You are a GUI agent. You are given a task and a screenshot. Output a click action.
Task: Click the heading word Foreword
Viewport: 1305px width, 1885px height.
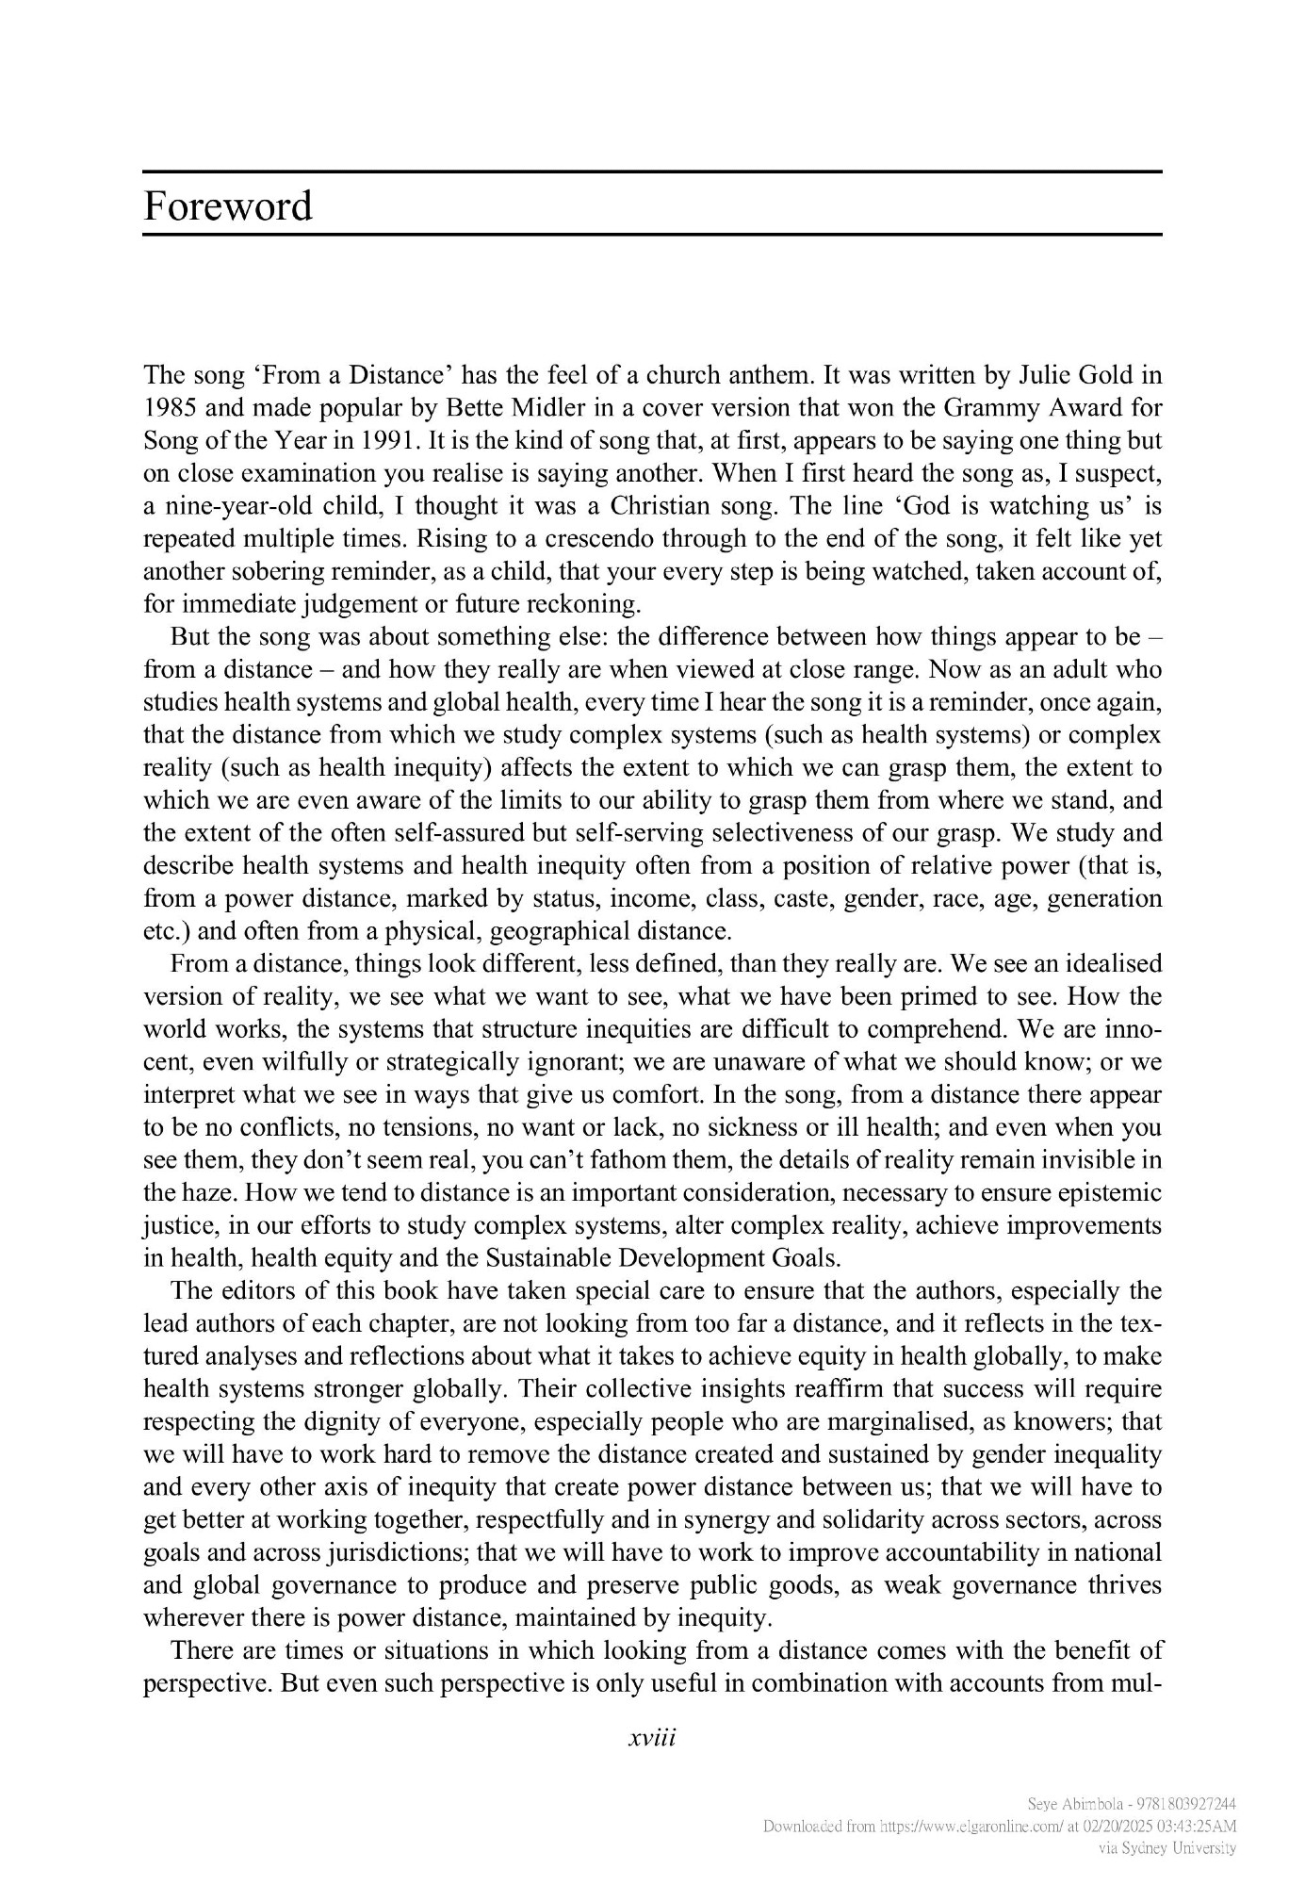point(227,205)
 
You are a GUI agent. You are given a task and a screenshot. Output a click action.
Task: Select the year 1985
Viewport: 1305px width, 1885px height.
point(170,408)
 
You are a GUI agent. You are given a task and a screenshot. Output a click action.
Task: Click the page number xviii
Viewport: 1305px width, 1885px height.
point(652,1737)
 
